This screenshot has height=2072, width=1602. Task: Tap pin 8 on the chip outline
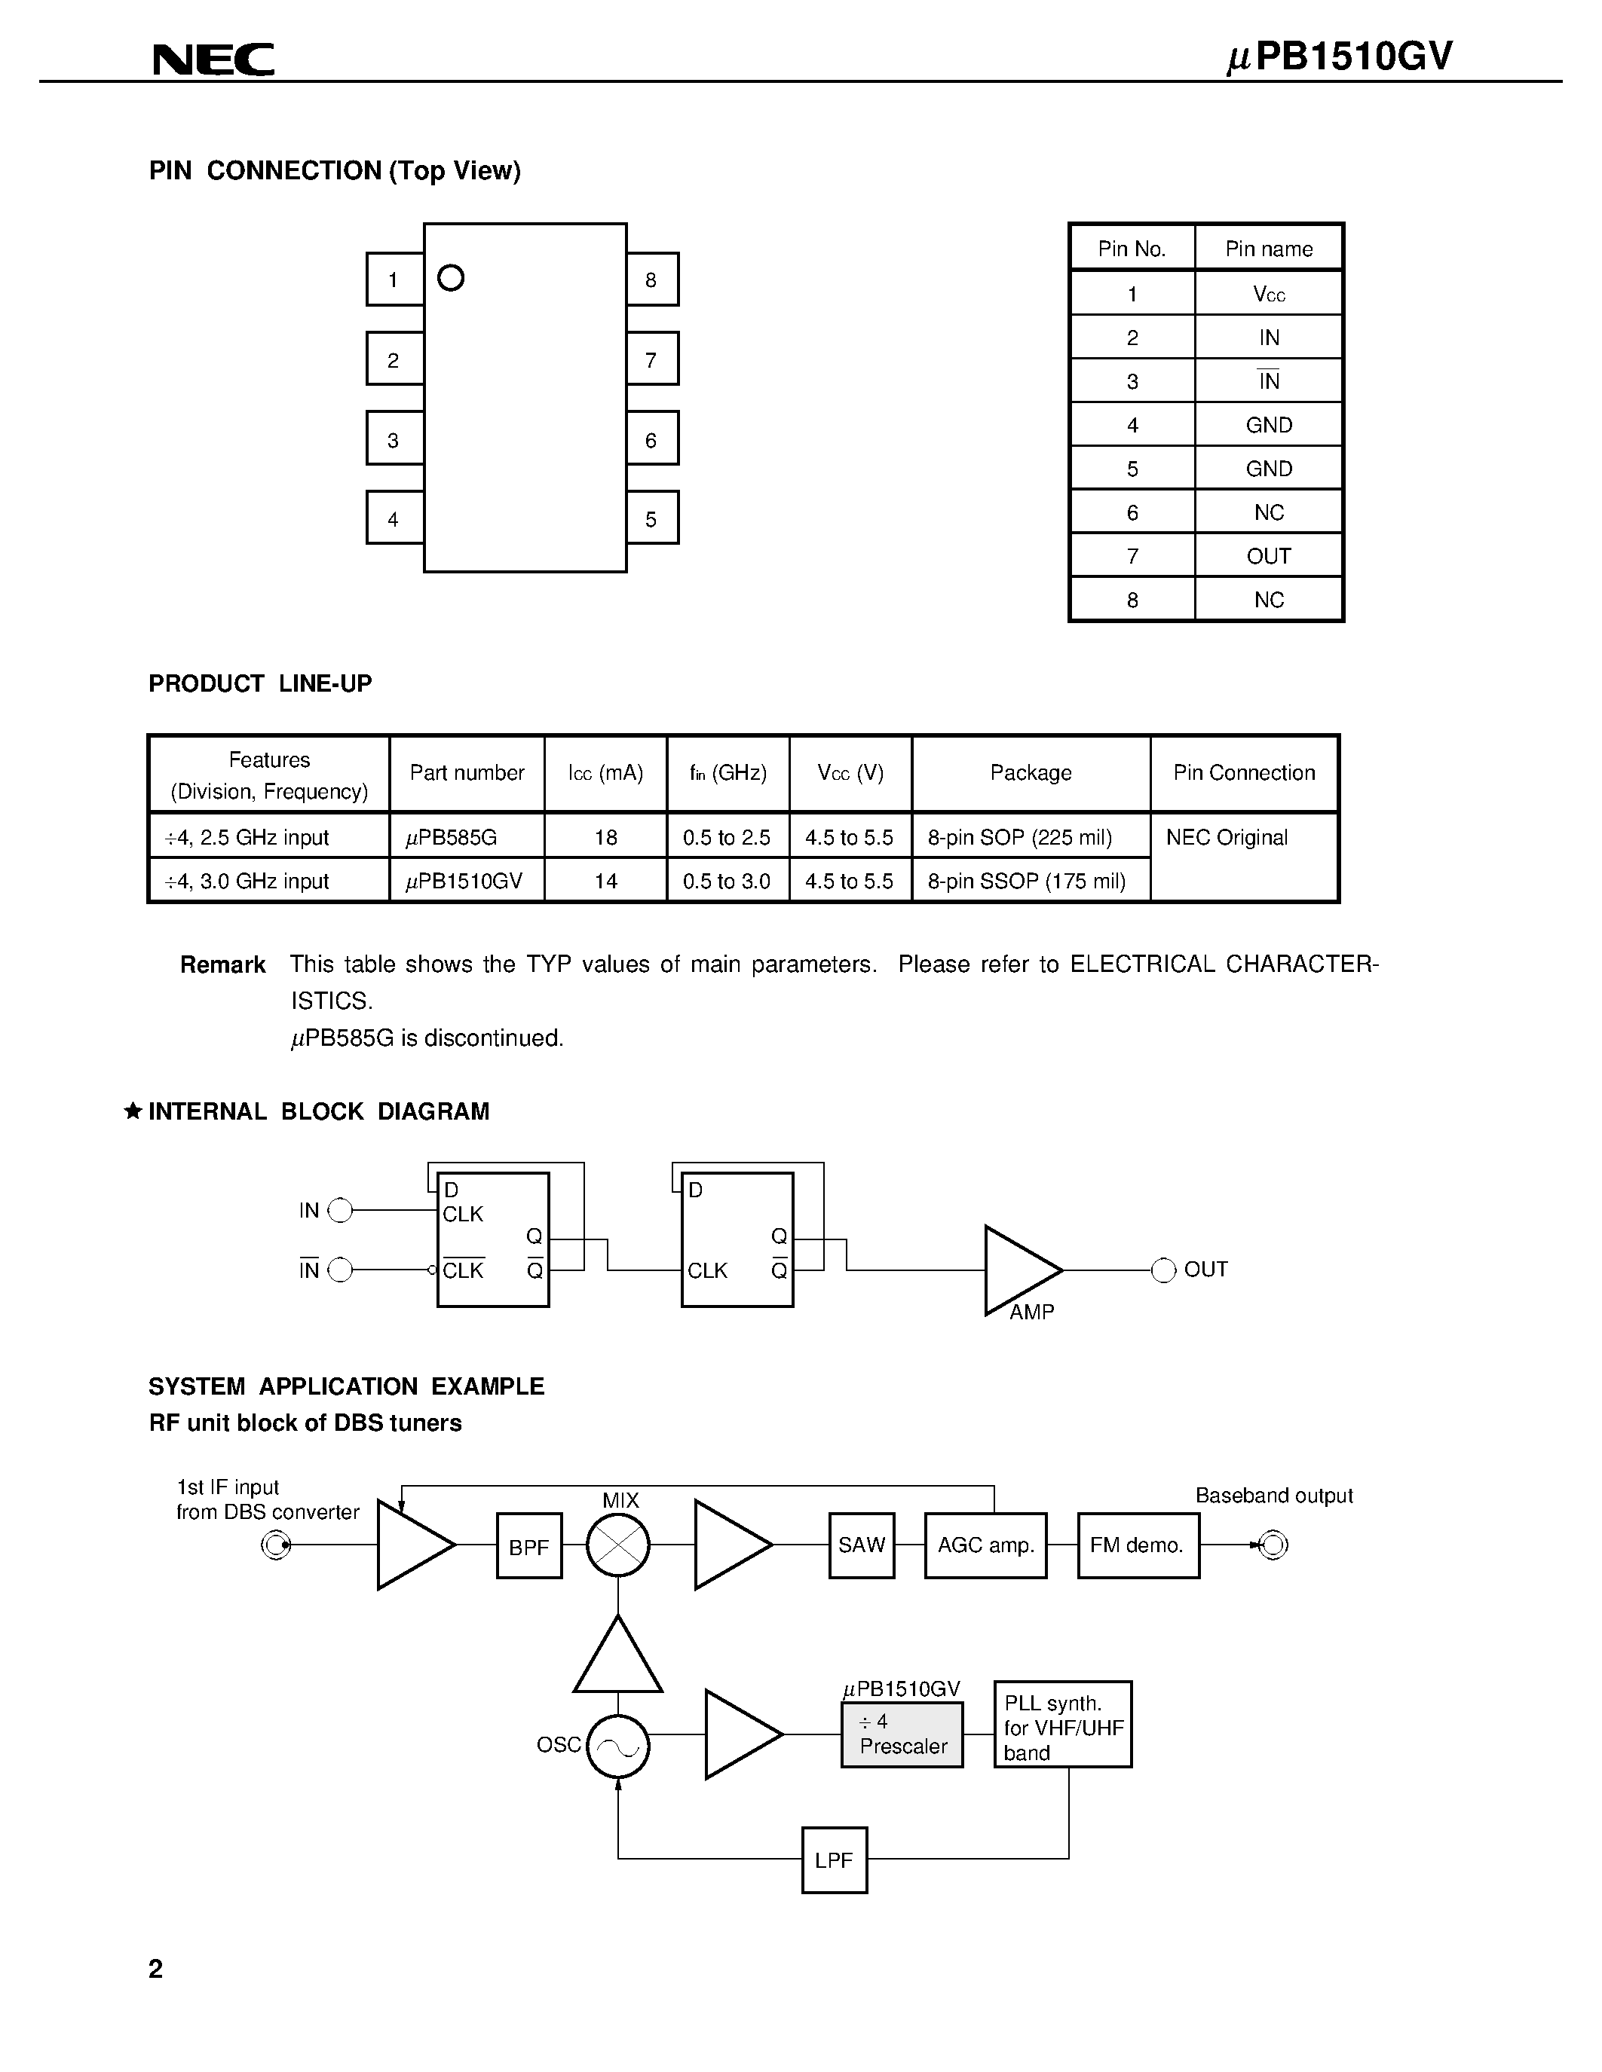(652, 279)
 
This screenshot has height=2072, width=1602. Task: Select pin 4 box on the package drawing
(394, 518)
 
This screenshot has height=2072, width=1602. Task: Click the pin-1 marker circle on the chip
(451, 278)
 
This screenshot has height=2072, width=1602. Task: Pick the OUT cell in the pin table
(1269, 556)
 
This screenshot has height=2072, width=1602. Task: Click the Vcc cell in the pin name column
(1269, 294)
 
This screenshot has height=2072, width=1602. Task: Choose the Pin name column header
(1269, 249)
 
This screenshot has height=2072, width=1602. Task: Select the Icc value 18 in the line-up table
(605, 838)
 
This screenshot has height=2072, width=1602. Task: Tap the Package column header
(1031, 773)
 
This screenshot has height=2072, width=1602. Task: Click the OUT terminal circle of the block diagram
(1163, 1270)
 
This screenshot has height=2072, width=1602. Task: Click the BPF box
(528, 1546)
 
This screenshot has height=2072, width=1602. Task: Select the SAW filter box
(862, 1545)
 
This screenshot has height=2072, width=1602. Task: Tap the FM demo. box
(1138, 1545)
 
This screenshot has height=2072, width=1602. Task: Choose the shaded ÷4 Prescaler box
(902, 1735)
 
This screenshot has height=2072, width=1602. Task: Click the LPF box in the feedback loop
(835, 1860)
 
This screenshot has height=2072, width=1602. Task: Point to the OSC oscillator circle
(618, 1747)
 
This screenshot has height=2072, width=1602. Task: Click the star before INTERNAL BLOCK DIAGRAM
(134, 1111)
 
